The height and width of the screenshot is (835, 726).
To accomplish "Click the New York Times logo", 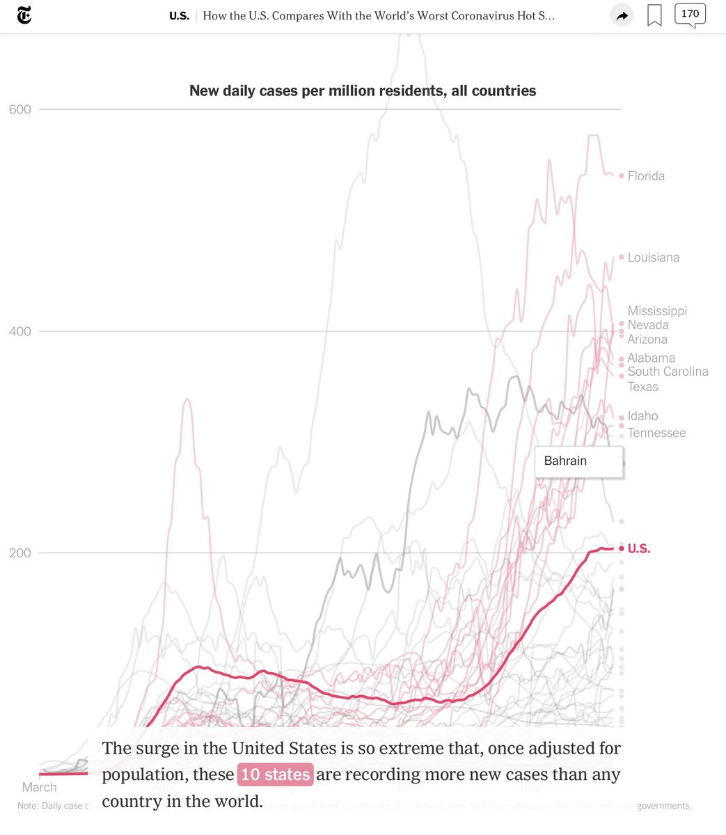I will coord(24,15).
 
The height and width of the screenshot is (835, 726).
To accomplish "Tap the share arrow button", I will coord(622,15).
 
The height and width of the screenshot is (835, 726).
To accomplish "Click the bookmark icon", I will coord(654,15).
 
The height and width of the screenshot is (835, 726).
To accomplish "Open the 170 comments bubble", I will coord(690,15).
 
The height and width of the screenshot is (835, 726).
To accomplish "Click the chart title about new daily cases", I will coord(363,90).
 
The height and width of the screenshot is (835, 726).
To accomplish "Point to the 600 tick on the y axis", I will coord(20,109).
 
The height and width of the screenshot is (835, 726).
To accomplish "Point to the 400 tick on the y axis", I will coord(20,331).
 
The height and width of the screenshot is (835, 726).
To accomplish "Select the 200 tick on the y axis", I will coord(20,553).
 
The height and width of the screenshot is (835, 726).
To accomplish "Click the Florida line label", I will coord(646,176).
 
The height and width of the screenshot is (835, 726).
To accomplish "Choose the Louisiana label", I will coord(653,257).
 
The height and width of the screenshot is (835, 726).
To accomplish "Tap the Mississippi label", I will coord(657,311).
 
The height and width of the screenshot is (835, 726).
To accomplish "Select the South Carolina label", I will coord(668,372).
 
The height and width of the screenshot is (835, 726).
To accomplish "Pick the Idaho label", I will coord(642,416).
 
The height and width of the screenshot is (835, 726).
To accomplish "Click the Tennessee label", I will coord(656,433).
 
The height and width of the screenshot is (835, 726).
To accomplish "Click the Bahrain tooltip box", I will coord(578,461).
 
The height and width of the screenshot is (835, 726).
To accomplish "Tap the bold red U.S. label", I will coord(639,549).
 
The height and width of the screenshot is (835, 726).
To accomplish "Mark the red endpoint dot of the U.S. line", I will coord(622,549).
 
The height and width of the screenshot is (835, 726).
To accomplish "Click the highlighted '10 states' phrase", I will coord(276,774).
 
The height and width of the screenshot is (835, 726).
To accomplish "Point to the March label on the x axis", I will coord(40,787).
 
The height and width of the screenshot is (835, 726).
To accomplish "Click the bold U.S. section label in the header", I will coord(179,15).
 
